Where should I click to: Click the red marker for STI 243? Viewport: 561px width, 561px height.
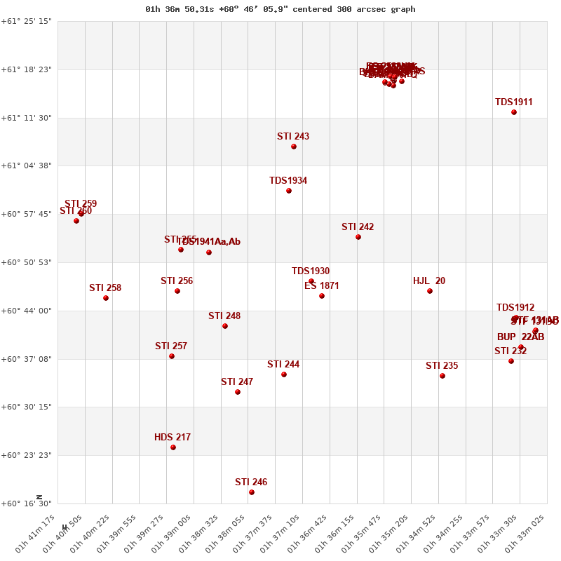point(294,147)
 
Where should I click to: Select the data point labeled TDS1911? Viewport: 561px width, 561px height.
point(514,112)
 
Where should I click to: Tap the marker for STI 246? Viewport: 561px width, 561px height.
point(252,492)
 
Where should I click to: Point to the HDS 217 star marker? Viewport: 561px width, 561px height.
point(173,447)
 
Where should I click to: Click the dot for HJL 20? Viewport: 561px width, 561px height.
point(430,291)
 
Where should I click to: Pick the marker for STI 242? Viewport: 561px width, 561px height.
point(358,237)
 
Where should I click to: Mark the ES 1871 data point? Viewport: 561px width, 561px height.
point(322,296)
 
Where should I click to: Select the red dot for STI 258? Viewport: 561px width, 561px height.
point(106,298)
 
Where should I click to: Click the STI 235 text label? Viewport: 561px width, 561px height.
point(442,366)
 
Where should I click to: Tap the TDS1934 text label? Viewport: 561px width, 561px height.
point(288,181)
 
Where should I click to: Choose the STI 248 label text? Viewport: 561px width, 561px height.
point(224,316)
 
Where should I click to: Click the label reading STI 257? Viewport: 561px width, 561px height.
point(171,346)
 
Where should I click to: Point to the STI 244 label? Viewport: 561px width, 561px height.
point(283,365)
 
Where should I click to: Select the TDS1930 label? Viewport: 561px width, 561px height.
point(311,271)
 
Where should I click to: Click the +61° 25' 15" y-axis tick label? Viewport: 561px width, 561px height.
point(27,21)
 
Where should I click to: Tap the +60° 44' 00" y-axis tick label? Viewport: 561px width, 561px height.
point(27,311)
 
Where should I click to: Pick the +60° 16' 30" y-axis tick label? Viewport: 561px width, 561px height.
point(27,503)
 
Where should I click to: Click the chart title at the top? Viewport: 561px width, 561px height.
point(280,9)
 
